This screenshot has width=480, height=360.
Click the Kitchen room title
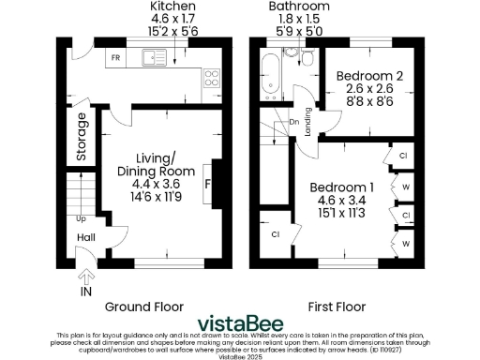[x=173, y=7]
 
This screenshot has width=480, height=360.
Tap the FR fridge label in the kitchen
[x=116, y=58]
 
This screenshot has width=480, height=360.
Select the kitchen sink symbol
[x=154, y=59]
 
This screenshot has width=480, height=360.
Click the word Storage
[x=82, y=137]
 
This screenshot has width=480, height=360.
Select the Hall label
[x=85, y=238]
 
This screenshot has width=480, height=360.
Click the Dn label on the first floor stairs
[x=292, y=121]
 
